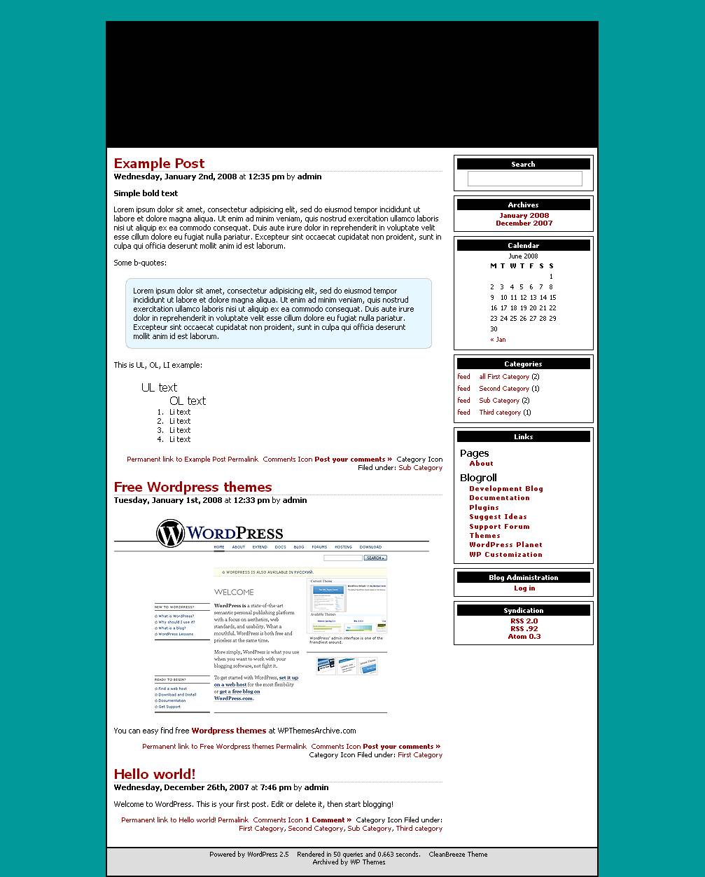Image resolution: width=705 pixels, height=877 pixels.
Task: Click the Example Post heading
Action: (159, 164)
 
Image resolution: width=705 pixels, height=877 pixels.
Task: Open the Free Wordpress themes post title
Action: (193, 488)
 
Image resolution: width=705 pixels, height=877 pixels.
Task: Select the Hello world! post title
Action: (155, 774)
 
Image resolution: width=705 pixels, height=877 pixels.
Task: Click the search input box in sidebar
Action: (524, 179)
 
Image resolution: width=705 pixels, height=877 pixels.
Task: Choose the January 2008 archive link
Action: (524, 216)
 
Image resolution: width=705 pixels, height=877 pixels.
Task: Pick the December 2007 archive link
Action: (524, 223)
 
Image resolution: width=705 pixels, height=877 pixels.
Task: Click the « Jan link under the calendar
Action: (498, 340)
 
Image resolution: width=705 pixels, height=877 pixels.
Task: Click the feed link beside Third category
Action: (463, 413)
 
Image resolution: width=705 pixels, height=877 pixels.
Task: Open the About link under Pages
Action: (481, 464)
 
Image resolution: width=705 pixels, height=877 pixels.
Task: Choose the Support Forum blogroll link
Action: (499, 527)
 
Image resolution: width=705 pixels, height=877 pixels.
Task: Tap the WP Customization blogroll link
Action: (505, 555)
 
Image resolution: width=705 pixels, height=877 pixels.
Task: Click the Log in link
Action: (524, 588)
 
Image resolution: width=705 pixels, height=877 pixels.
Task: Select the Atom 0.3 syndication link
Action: (524, 637)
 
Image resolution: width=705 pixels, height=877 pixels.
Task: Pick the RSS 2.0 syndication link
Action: (524, 621)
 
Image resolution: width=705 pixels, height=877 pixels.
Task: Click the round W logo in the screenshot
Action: (170, 534)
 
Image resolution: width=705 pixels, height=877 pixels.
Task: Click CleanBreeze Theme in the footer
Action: (458, 855)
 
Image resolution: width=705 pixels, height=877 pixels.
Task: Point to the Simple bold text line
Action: (146, 193)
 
